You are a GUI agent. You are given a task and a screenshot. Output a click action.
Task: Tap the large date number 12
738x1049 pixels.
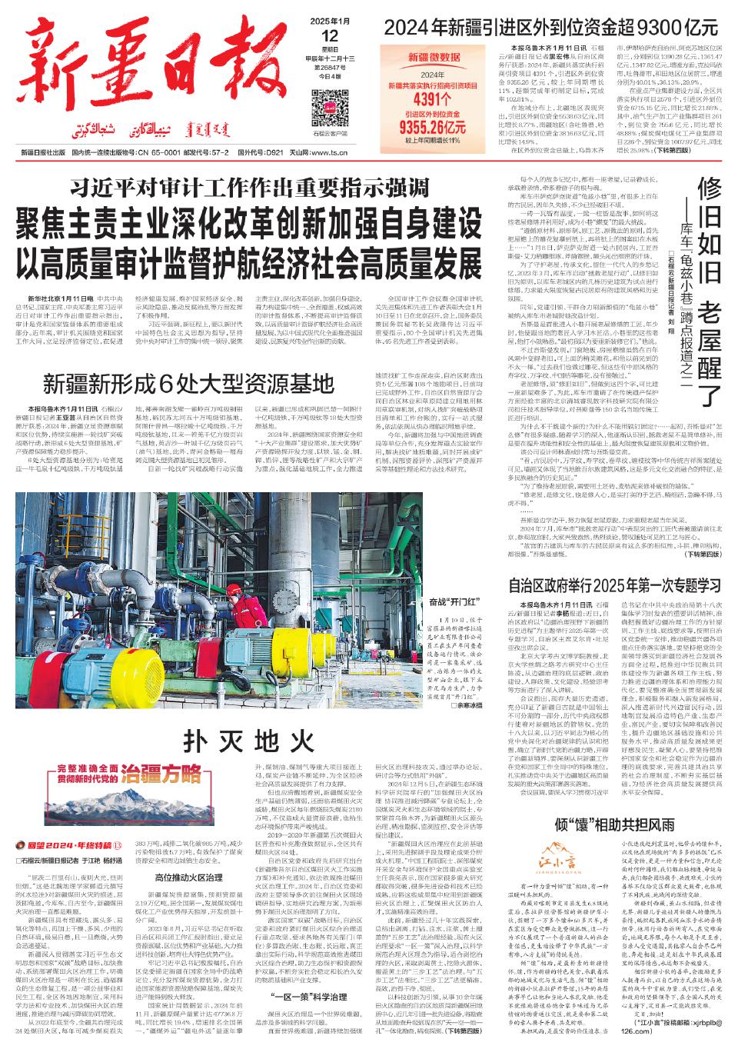[330, 35]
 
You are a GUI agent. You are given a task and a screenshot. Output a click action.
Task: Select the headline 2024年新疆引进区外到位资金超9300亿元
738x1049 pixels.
[551, 28]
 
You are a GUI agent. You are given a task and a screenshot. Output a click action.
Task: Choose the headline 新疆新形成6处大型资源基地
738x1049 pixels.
[188, 382]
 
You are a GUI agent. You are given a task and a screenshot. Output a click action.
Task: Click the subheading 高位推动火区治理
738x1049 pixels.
[188, 877]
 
